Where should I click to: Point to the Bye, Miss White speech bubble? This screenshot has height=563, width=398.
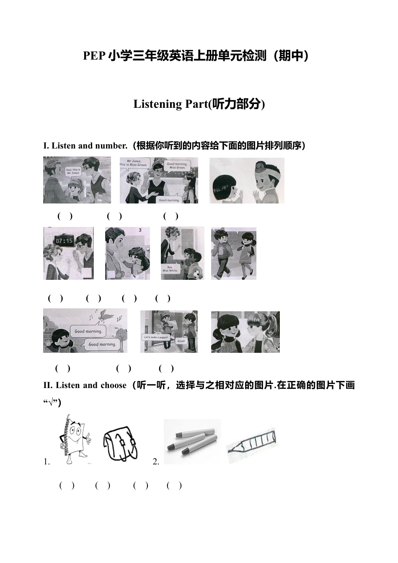[171, 268]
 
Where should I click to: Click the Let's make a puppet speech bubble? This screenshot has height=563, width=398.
[156, 337]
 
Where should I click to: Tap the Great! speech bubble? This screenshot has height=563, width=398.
[181, 341]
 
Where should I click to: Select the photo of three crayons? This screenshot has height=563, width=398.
[192, 441]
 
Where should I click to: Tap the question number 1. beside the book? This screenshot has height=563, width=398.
[47, 462]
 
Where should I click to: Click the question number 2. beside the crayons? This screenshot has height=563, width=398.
[156, 462]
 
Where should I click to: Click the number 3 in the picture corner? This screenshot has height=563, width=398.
[140, 230]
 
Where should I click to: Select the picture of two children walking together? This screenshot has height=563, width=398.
[233, 254]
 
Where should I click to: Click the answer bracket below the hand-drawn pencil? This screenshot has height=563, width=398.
[174, 485]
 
